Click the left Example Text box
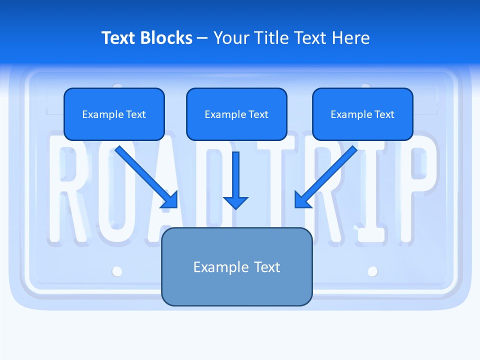point(114,114)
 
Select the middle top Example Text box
point(236,114)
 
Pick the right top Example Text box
point(362,114)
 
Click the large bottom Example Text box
point(236,266)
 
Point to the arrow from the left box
point(145,176)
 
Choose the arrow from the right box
point(326,176)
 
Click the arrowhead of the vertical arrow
point(235,202)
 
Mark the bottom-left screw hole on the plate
point(117,271)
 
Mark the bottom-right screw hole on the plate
point(372,271)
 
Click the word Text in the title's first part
point(119,38)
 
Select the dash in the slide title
point(202,38)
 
